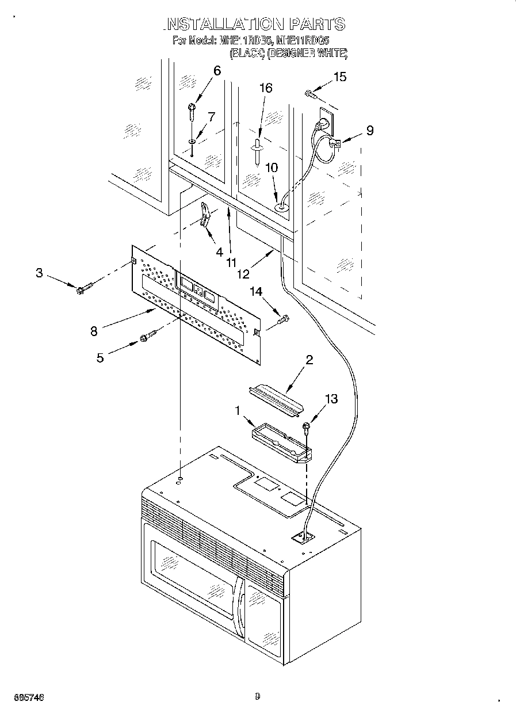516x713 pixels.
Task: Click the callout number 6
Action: [217, 71]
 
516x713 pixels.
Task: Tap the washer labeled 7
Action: [192, 141]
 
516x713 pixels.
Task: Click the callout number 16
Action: [265, 88]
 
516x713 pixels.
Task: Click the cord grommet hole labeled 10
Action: [281, 204]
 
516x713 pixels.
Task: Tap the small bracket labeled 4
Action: [205, 215]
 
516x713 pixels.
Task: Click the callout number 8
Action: [93, 331]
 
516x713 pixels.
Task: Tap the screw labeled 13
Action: [307, 426]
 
